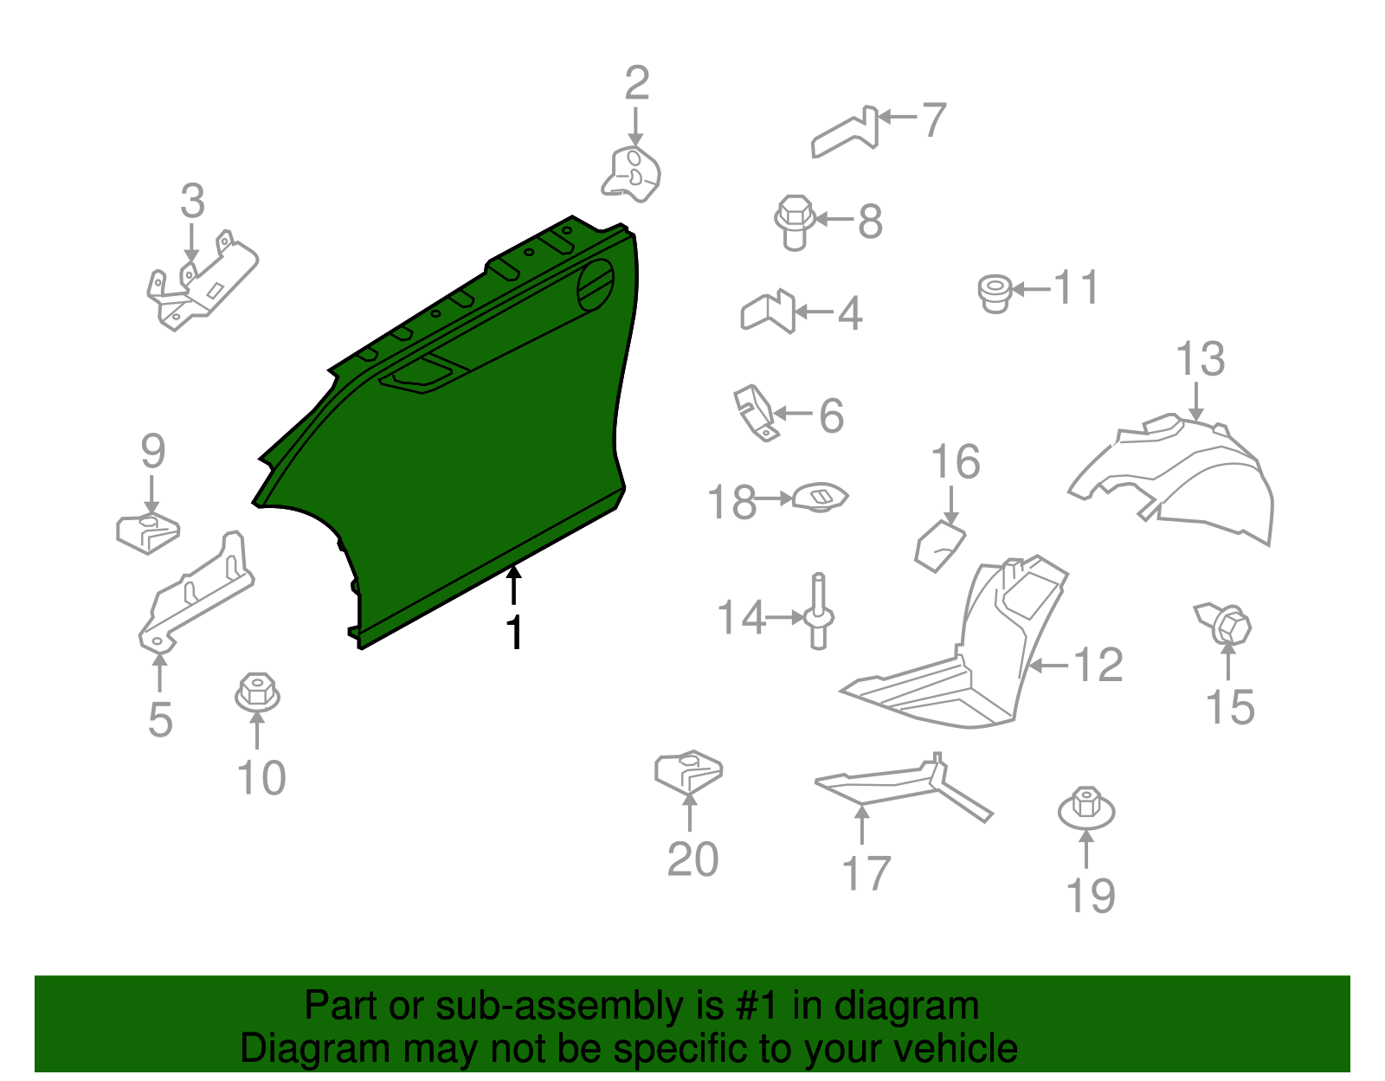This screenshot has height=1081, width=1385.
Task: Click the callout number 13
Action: click(x=1200, y=358)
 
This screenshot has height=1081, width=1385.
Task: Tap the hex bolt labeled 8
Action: click(x=794, y=222)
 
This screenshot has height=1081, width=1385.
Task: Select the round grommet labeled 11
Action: click(x=995, y=293)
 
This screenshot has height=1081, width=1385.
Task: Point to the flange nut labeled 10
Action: click(x=257, y=692)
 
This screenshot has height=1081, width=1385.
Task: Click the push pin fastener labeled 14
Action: click(x=819, y=611)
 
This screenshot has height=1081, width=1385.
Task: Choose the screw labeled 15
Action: click(x=1224, y=623)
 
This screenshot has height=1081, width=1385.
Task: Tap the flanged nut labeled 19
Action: click(x=1086, y=808)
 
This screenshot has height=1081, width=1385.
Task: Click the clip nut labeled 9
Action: click(x=148, y=532)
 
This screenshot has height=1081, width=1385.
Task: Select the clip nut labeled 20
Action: click(x=688, y=771)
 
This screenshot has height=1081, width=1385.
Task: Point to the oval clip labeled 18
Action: click(x=821, y=498)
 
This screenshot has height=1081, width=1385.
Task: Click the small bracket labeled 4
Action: click(x=768, y=312)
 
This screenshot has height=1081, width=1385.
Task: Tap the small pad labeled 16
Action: click(x=939, y=546)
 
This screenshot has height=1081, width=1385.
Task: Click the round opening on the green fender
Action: click(x=596, y=286)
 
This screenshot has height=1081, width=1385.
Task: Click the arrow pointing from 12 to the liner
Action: click(x=1049, y=666)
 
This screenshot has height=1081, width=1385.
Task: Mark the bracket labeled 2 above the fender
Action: click(x=631, y=175)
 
